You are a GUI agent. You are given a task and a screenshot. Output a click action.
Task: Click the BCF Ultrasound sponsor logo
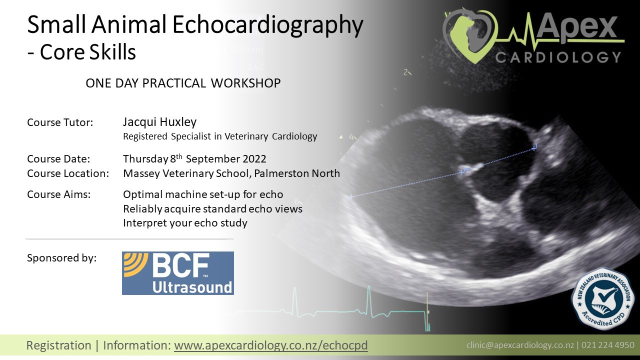[177, 273]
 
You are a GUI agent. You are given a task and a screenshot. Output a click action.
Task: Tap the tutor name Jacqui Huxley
[159, 122]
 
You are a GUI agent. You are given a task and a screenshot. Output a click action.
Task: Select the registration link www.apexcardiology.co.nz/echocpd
[270, 345]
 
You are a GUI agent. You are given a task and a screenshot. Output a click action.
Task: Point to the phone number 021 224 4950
[608, 345]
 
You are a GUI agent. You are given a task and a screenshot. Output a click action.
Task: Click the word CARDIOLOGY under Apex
[558, 56]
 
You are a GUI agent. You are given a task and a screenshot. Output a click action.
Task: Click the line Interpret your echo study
[185, 223]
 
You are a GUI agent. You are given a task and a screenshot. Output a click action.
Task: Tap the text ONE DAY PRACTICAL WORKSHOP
[183, 83]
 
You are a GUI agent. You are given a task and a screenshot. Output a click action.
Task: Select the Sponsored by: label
[61, 258]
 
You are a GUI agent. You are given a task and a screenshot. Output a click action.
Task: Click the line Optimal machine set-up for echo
[203, 195]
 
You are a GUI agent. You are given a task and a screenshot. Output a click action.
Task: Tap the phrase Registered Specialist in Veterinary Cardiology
[220, 136]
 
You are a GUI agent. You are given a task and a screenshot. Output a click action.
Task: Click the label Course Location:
[68, 174]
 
